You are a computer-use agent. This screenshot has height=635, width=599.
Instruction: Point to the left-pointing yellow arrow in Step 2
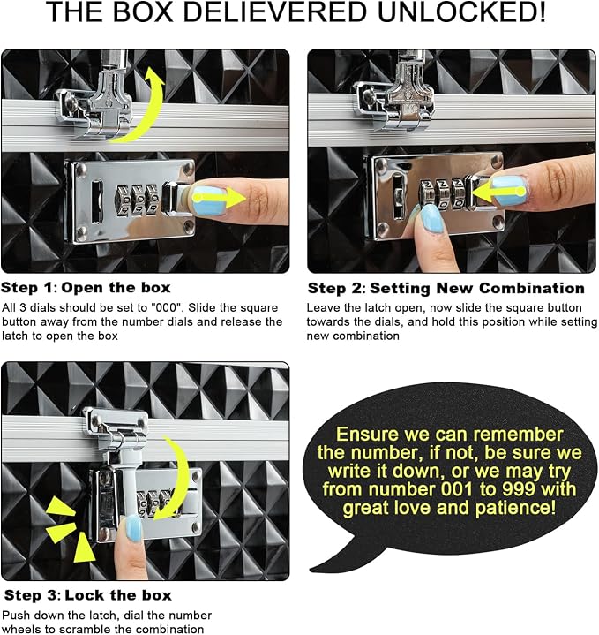498,192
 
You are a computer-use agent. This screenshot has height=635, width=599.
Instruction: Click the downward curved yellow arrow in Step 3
181,478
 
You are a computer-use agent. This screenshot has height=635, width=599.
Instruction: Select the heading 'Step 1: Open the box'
86,288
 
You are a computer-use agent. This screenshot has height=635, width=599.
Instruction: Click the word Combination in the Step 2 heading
532,288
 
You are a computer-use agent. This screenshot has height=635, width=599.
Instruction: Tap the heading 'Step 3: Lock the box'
87,595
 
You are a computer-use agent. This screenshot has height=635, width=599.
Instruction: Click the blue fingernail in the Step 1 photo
209,200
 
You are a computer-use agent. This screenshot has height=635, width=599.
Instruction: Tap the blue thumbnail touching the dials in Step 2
432,218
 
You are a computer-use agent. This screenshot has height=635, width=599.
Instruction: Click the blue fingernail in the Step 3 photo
133,528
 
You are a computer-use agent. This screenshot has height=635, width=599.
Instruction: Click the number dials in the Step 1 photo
137,200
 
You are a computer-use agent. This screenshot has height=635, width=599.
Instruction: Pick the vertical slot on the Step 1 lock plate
96,201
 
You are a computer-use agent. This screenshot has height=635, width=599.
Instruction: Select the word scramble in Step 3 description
102,630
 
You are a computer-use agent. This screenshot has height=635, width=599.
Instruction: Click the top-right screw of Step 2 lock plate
496,162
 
